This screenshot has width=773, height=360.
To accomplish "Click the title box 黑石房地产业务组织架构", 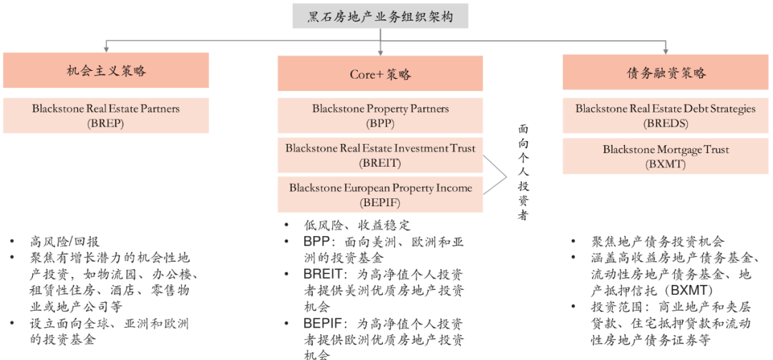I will (x=380, y=16).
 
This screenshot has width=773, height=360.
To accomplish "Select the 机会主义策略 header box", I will (x=106, y=71).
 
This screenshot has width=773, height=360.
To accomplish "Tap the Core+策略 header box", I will (x=380, y=74).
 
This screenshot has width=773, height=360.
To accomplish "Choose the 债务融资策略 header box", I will (x=666, y=73).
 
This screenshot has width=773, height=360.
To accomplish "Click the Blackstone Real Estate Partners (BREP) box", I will (x=106, y=115).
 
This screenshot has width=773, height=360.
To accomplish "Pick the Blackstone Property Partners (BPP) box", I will (x=380, y=115).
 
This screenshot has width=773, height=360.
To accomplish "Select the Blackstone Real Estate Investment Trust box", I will (x=380, y=155).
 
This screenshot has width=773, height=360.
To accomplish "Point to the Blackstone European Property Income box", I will (x=380, y=195).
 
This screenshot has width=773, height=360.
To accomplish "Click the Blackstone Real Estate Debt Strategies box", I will (x=666, y=115).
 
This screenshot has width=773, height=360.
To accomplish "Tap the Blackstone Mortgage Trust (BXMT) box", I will (x=666, y=156).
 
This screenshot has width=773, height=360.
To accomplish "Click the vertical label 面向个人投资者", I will (x=523, y=172).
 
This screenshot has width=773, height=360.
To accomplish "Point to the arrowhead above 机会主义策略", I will (x=107, y=49).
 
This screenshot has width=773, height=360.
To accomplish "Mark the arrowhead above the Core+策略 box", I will (x=380, y=51).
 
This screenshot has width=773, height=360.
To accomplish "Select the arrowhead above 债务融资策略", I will (x=666, y=51).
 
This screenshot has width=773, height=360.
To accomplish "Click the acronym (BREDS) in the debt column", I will (x=666, y=123).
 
